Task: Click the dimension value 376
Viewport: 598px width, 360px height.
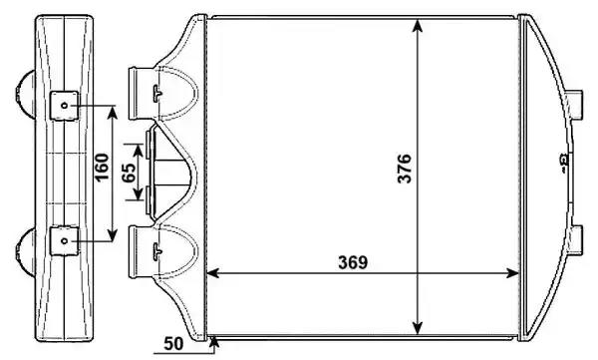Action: click(405, 169)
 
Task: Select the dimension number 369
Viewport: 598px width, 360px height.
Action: click(353, 262)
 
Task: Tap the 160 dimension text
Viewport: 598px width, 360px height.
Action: click(102, 168)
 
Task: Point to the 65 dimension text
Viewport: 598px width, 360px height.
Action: click(130, 173)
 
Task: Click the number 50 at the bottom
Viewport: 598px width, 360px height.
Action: click(173, 344)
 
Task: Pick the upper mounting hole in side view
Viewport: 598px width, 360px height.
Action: click(64, 105)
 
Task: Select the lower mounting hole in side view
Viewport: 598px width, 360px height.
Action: click(64, 241)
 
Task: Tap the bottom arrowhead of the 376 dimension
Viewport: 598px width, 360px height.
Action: click(418, 329)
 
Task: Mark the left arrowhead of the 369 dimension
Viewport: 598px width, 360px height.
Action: click(213, 273)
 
